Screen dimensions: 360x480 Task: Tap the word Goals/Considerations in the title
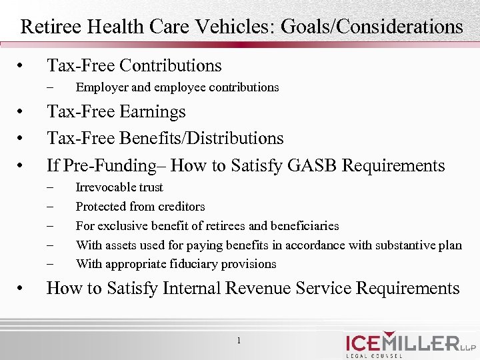(373, 27)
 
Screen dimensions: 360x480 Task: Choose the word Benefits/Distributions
(202, 138)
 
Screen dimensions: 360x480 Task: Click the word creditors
(181, 207)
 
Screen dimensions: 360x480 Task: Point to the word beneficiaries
(303, 226)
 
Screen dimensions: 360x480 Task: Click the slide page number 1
(239, 341)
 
